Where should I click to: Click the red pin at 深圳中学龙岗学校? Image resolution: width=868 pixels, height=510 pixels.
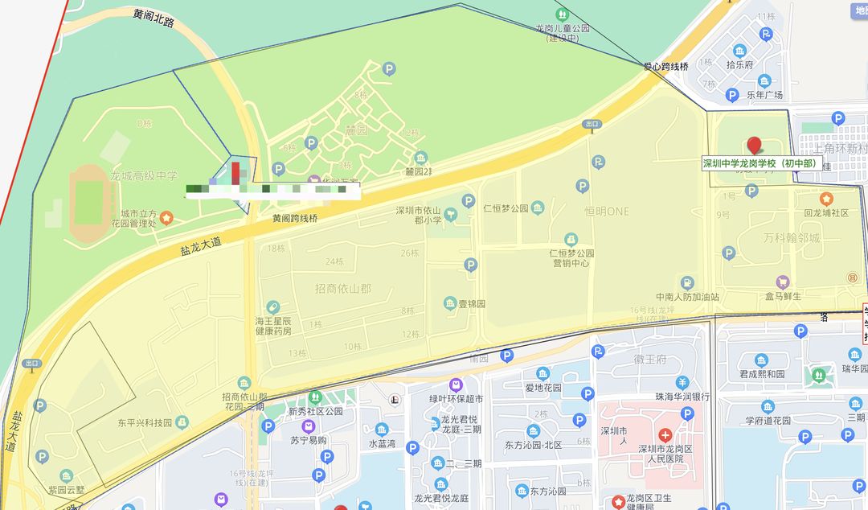pos(754,146)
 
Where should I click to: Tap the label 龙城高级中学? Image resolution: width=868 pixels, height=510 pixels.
pos(144,175)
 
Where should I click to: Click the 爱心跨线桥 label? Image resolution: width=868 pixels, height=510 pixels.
pos(665,67)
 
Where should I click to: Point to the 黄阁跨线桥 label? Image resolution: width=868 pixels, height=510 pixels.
pos(295,218)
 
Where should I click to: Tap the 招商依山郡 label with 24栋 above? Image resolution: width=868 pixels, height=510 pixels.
pos(343,287)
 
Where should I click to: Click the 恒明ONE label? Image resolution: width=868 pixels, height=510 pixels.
pos(607,211)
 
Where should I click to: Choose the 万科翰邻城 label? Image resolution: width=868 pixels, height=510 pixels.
pos(792,238)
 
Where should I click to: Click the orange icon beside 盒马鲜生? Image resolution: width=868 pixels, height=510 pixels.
pos(783,282)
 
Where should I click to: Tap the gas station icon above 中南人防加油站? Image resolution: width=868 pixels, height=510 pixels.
pos(687,283)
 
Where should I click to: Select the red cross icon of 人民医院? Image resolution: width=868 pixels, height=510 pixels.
pos(665,434)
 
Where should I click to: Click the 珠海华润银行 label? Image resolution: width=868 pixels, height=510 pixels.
pos(682,397)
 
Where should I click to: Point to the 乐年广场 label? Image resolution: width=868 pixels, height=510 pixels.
pos(764,95)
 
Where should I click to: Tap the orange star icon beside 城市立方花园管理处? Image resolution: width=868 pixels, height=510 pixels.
pos(166,217)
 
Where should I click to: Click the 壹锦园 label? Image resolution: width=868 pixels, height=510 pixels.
pos(471,304)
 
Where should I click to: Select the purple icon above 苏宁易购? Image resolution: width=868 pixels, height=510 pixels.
pos(308,426)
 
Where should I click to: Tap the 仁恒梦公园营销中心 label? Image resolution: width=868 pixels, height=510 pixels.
pos(570,257)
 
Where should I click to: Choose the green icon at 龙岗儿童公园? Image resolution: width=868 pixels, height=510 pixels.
pos(563,14)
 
